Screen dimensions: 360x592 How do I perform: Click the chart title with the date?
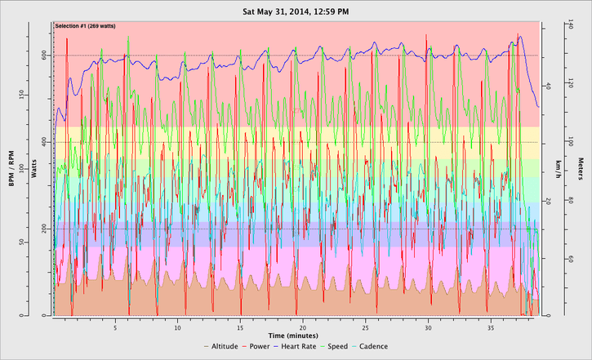point(296,11)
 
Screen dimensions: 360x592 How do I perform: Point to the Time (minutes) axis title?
point(296,335)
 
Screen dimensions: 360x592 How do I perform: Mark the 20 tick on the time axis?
point(303,322)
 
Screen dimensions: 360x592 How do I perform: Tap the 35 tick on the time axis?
point(491,322)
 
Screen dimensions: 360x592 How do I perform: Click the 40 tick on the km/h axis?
point(548,86)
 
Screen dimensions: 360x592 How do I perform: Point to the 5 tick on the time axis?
point(115,322)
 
